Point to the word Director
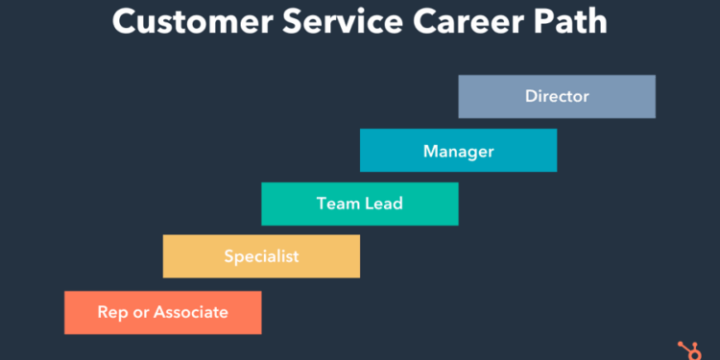tap(557, 96)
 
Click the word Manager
tap(458, 151)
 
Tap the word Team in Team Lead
tap(337, 204)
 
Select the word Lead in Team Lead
tap(383, 204)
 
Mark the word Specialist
tap(261, 256)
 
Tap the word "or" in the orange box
tap(140, 312)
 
